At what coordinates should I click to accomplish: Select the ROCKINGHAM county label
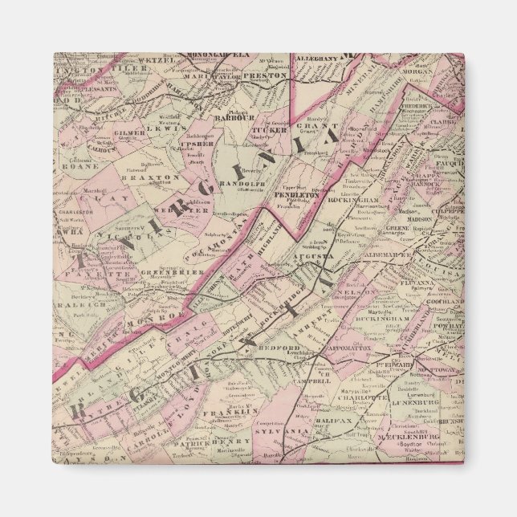[x=354, y=198]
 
